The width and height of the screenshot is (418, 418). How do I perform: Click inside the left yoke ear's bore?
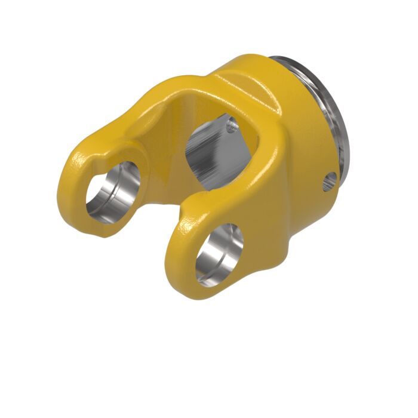[x=111, y=191]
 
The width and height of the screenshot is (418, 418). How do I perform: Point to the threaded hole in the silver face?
[x=232, y=125]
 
